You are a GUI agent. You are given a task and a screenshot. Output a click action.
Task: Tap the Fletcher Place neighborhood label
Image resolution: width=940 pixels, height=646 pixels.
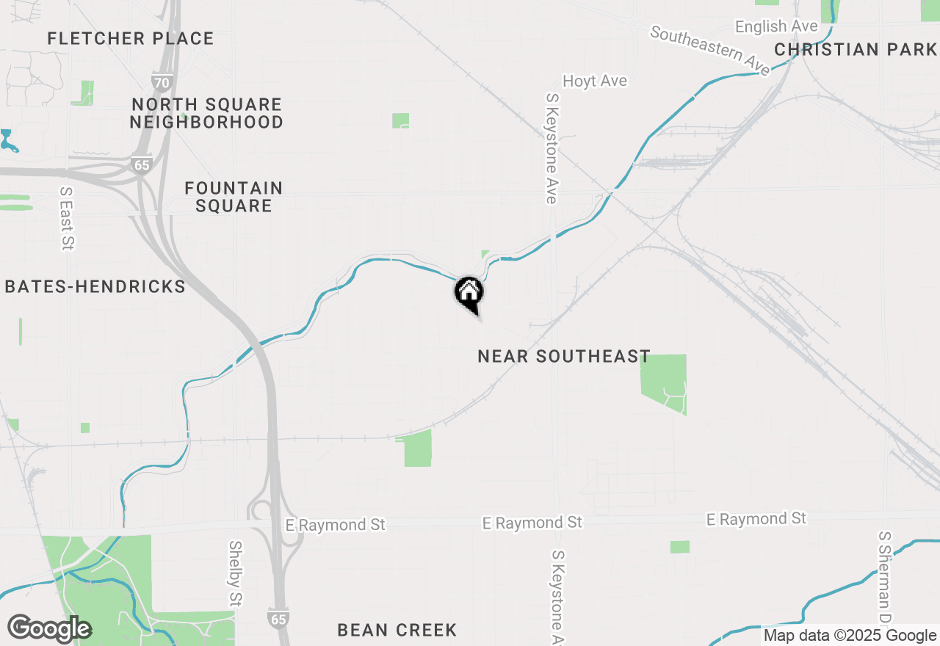point(131,38)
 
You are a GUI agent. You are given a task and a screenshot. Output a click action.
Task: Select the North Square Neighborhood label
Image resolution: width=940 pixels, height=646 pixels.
point(206,113)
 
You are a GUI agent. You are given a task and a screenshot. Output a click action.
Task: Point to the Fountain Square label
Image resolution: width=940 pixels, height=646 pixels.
point(234,197)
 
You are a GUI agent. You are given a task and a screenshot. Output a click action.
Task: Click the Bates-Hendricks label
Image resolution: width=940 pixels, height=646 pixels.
point(95,286)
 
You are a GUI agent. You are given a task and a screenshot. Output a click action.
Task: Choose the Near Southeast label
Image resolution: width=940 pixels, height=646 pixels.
point(564,356)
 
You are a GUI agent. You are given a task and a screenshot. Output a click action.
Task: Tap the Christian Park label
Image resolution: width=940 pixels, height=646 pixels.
point(856,49)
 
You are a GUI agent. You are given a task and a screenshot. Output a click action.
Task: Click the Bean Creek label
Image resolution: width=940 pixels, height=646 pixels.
point(397,630)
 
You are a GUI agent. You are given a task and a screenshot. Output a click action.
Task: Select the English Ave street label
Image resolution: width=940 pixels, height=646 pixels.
point(776,26)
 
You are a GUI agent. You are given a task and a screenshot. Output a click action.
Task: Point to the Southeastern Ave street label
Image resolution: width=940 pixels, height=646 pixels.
point(710,51)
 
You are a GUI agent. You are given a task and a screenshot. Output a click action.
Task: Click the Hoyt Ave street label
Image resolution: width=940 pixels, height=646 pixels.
point(595,81)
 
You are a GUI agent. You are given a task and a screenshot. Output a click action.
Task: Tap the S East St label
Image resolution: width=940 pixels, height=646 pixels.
point(67,218)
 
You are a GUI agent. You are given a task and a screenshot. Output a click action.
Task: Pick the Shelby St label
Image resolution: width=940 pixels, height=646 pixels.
point(235,574)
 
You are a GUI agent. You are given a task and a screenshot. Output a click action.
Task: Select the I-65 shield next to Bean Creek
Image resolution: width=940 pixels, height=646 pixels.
point(278,619)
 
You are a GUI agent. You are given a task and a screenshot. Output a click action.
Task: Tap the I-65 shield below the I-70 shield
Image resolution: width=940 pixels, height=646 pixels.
point(142,164)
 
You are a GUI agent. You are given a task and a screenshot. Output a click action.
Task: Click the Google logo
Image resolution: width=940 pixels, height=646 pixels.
point(49,628)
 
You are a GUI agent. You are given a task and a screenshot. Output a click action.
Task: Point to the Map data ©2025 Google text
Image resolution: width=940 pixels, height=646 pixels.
point(850,636)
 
